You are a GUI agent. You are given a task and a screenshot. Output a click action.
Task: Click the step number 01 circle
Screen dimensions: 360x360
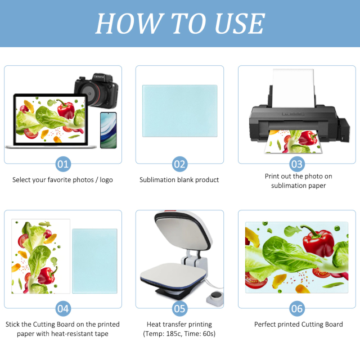point(63,164)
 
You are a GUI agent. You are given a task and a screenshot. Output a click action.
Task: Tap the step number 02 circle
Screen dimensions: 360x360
point(179,164)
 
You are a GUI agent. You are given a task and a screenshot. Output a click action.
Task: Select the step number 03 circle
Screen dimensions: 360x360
point(296,164)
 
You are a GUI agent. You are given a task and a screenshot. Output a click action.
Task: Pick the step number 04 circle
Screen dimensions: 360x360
point(63,308)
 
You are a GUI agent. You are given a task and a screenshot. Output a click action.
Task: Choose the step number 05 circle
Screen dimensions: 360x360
point(179,308)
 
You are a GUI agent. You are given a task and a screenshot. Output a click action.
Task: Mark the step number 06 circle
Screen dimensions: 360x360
point(296,308)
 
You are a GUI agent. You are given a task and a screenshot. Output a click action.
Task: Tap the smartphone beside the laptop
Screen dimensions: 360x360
point(109,129)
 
